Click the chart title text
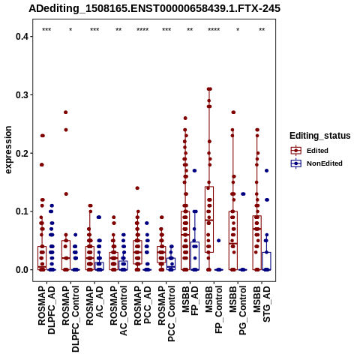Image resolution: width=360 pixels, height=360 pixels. pyautogui.click(x=154, y=8)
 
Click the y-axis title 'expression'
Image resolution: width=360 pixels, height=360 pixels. pyautogui.click(x=8, y=150)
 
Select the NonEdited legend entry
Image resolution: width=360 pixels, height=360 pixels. pyautogui.click(x=316, y=163)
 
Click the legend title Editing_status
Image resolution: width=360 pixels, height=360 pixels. pyautogui.click(x=320, y=136)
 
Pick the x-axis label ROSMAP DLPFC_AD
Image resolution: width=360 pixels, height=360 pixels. pyautogui.click(x=46, y=310)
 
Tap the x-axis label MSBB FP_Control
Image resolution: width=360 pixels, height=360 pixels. pyautogui.click(x=214, y=310)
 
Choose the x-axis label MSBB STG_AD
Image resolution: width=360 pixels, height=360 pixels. pyautogui.click(x=262, y=304)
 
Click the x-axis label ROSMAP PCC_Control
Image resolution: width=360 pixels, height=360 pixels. pyautogui.click(x=166, y=314)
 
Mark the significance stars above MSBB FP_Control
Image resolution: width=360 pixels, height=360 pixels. pyautogui.click(x=214, y=30)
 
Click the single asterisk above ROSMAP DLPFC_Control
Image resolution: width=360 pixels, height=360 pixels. pyautogui.click(x=70, y=30)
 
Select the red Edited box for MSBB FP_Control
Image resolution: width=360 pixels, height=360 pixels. pyautogui.click(x=209, y=220)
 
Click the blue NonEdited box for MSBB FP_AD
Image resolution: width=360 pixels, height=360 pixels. pyautogui.click(x=195, y=256)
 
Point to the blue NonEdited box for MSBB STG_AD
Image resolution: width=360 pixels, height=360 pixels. pyautogui.click(x=266, y=261)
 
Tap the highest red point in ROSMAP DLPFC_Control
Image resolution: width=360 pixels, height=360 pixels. pyautogui.click(x=66, y=112)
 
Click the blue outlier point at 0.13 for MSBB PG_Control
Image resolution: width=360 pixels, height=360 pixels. pyautogui.click(x=243, y=194)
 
